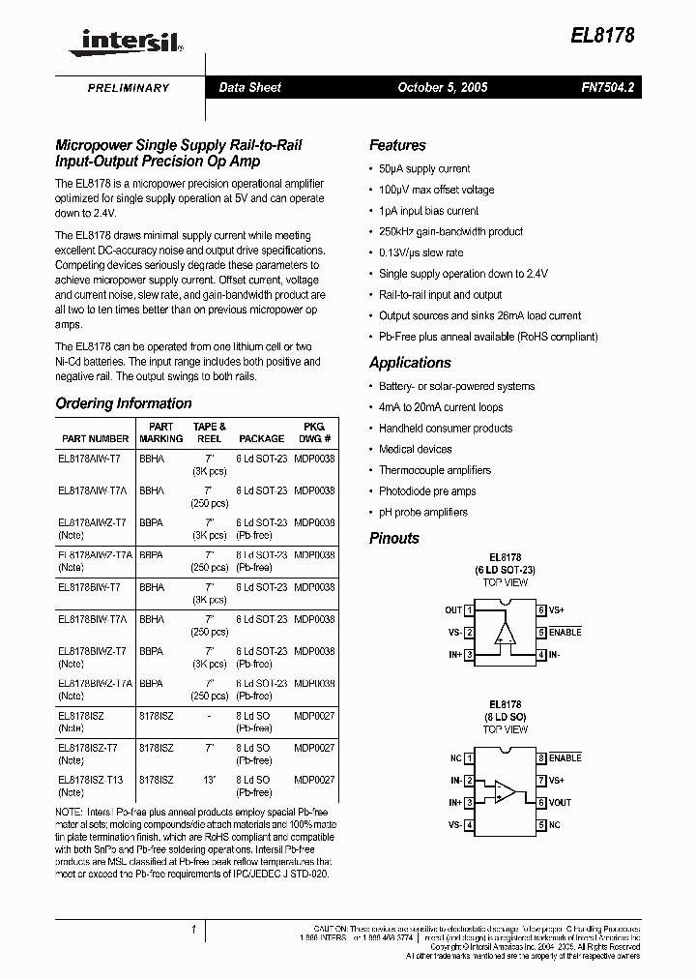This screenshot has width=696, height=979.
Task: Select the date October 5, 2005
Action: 442,87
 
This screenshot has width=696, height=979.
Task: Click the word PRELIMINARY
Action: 129,88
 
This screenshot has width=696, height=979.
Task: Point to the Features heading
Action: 397,145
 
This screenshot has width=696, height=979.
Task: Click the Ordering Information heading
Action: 124,403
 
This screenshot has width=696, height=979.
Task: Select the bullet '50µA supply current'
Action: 424,168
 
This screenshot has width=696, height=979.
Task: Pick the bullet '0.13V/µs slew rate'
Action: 421,252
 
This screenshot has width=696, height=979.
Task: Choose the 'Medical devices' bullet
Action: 415,449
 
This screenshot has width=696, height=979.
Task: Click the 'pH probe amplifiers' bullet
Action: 423,512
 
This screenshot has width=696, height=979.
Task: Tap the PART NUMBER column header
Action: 94,438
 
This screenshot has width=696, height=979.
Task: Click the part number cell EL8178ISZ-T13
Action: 91,779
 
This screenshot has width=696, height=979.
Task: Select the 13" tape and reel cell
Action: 209,779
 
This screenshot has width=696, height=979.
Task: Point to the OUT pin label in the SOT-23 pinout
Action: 453,610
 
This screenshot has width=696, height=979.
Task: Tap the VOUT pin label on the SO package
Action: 561,802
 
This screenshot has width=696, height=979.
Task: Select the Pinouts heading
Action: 394,538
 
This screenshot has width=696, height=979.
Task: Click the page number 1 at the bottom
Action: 193,931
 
